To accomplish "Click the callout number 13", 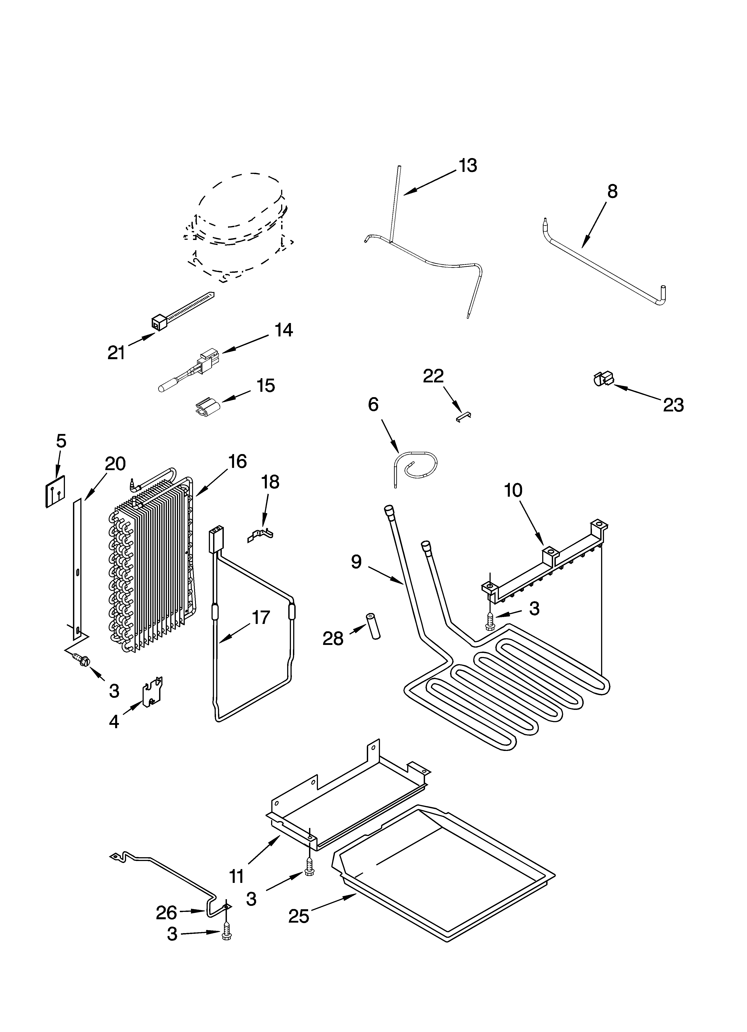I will (468, 166).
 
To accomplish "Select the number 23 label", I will (673, 405).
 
